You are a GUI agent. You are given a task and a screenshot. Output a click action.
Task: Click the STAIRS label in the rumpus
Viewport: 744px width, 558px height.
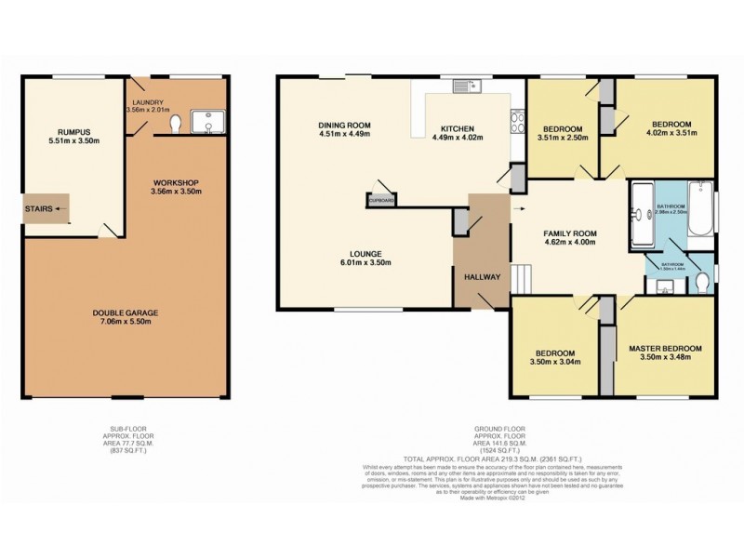38,209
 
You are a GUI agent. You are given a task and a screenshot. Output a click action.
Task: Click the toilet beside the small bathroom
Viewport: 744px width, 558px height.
704,281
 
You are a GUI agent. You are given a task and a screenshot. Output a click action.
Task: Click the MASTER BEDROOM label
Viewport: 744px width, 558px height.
665,348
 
